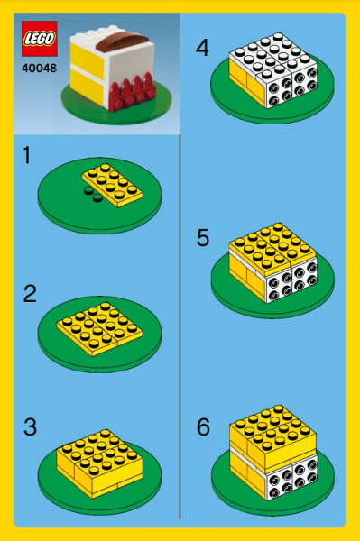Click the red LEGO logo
click(x=40, y=39)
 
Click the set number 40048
click(x=39, y=68)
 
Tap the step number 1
click(x=27, y=155)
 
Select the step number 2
click(x=30, y=294)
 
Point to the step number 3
click(x=30, y=427)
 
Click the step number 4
click(x=203, y=48)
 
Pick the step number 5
click(x=203, y=238)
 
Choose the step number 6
click(x=203, y=427)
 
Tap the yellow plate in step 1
click(x=113, y=185)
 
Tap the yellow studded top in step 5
click(x=272, y=245)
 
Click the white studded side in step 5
click(x=291, y=282)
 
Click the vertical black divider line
click(x=180, y=327)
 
